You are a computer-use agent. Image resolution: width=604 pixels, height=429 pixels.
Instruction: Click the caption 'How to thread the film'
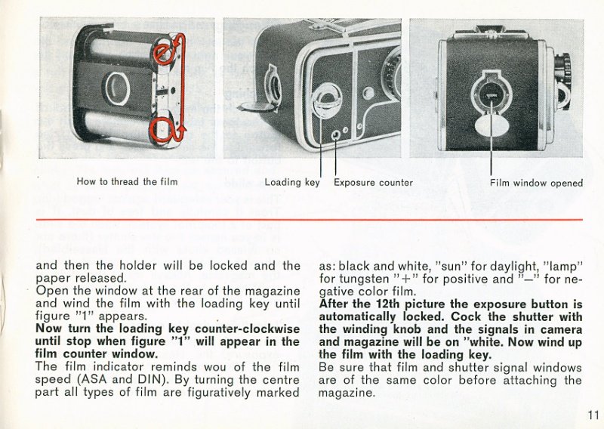coord(127,182)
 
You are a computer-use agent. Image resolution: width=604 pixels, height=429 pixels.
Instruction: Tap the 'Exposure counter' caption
coord(373,182)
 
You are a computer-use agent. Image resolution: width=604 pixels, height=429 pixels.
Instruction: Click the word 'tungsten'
coord(366,279)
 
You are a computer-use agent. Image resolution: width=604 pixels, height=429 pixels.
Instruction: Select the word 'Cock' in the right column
coord(501,316)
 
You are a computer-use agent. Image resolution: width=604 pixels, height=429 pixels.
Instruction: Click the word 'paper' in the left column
coord(53,278)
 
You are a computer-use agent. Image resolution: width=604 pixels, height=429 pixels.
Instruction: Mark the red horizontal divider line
coord(309,221)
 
